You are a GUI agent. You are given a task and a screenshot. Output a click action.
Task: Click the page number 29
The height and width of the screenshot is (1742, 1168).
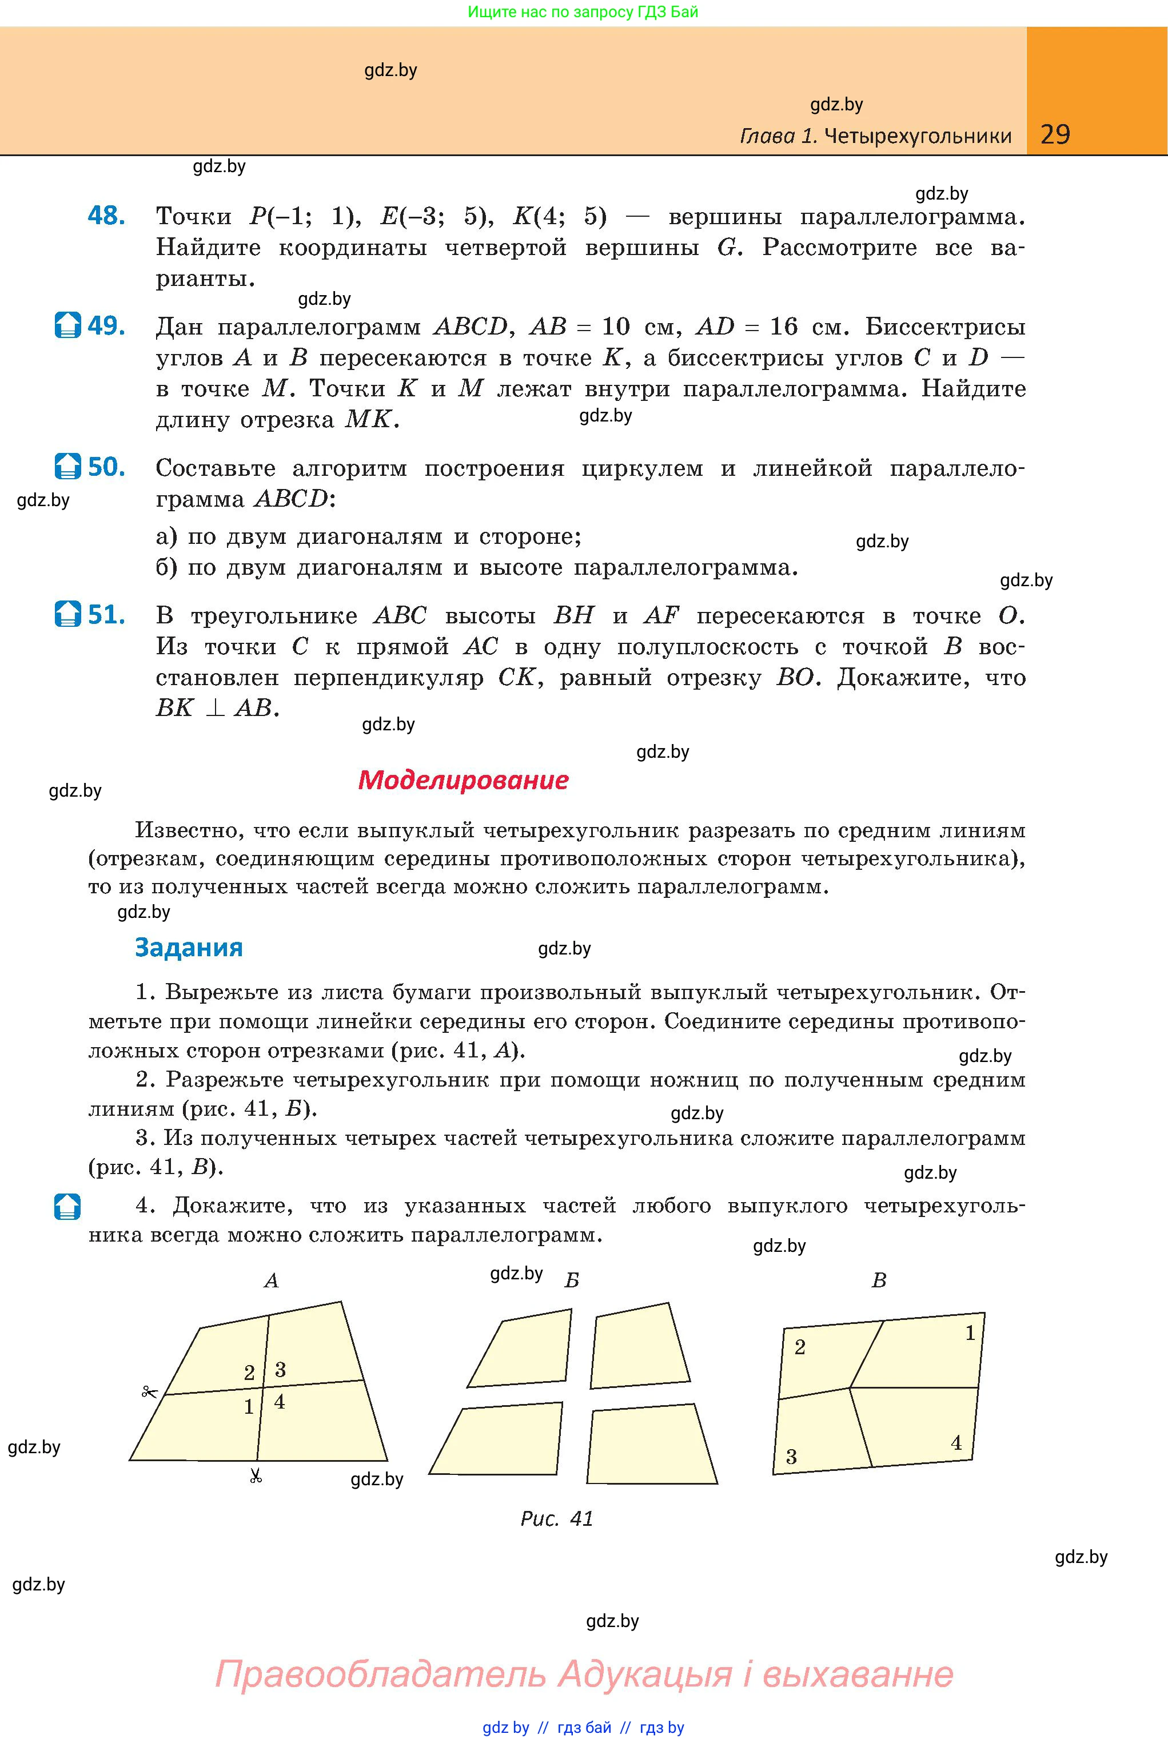pos(1055,134)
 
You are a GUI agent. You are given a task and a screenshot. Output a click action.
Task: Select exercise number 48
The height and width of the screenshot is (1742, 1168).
pos(106,216)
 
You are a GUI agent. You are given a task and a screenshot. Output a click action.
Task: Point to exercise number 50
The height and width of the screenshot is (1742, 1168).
pos(106,467)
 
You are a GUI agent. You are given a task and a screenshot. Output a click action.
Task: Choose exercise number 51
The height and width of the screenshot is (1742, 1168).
pos(106,615)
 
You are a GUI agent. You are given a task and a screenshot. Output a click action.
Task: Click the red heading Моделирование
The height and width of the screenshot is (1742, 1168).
pos(463,780)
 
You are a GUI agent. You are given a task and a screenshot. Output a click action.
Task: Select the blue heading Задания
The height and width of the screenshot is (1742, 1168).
pos(189,948)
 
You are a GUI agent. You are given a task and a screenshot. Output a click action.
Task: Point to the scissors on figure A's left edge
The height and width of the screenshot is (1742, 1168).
pos(150,1391)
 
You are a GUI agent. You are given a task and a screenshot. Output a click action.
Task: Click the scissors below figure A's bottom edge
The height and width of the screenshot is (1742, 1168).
pos(256,1476)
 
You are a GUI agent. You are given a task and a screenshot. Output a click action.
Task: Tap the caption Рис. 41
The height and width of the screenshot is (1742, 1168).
pos(556,1518)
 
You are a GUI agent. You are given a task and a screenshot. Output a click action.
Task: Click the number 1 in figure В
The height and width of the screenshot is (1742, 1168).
pos(970,1333)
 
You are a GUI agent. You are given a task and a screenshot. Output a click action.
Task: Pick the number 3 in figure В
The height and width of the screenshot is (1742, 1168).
pos(791,1457)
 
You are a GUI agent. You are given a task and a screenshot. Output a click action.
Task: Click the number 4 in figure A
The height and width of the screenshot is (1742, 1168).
pos(280,1402)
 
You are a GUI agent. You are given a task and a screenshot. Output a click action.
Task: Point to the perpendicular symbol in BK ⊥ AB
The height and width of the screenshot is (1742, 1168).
pos(216,708)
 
